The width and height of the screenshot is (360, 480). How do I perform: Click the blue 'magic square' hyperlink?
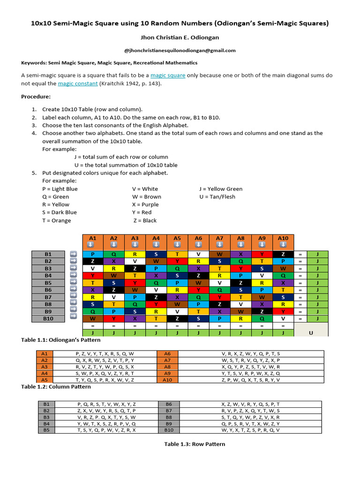tap(168, 75)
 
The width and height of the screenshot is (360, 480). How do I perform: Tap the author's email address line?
tap(180, 51)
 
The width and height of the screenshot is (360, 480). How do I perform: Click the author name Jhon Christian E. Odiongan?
tap(180, 37)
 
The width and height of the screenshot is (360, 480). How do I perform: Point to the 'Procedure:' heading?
tap(36, 97)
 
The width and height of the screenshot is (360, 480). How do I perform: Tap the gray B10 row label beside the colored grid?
tap(48, 318)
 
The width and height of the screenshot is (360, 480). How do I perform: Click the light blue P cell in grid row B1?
tap(93, 254)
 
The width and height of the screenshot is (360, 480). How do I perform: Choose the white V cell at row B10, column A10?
tap(283, 318)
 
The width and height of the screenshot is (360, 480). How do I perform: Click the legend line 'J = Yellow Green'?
tap(221, 189)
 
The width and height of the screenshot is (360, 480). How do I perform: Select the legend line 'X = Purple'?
tap(145, 204)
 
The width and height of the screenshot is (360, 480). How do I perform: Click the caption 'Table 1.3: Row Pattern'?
tap(194, 444)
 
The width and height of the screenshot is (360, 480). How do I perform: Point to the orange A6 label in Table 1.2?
tap(167, 354)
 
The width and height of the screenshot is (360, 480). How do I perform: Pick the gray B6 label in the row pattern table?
tap(169, 404)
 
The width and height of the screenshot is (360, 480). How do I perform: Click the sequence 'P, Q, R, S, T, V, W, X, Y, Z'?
tap(107, 404)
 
